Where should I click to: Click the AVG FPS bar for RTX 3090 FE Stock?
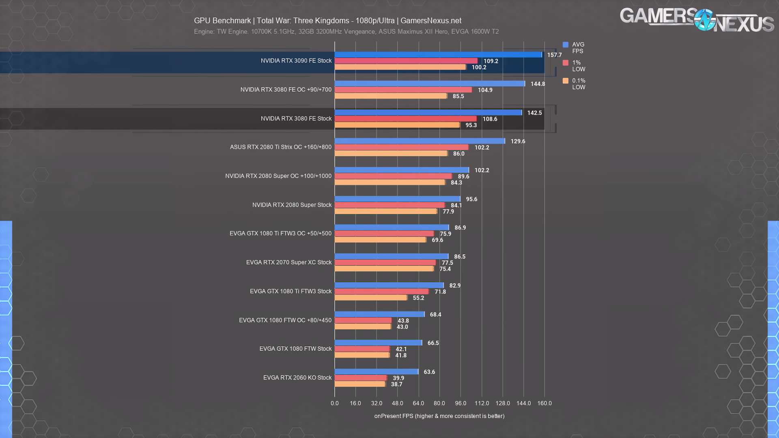pyautogui.click(x=438, y=55)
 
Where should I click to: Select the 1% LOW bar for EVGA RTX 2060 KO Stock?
pyautogui.click(x=361, y=378)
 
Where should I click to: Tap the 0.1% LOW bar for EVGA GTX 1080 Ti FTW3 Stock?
pyautogui.click(x=371, y=298)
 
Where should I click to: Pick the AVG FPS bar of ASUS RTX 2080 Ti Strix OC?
pyautogui.click(x=420, y=141)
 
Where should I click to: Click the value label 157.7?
pyautogui.click(x=554, y=55)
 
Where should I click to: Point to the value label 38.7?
pyautogui.click(x=396, y=384)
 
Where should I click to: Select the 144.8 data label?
pyautogui.click(x=538, y=84)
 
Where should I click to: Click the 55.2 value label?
pyautogui.click(x=418, y=298)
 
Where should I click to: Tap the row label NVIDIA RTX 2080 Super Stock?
pyautogui.click(x=292, y=205)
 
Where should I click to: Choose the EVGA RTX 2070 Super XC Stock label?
pyautogui.click(x=288, y=262)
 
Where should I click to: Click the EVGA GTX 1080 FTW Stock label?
pyautogui.click(x=295, y=349)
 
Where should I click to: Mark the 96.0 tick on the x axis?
pyautogui.click(x=461, y=403)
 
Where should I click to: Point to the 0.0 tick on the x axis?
pyautogui.click(x=335, y=403)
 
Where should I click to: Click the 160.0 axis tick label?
pyautogui.click(x=544, y=403)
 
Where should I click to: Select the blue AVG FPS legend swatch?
pyautogui.click(x=566, y=45)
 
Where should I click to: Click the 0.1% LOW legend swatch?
pyautogui.click(x=566, y=81)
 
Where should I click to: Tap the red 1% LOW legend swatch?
pyautogui.click(x=566, y=63)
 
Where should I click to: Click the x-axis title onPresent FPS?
pyautogui.click(x=439, y=416)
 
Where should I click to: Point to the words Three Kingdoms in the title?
pyautogui.click(x=321, y=21)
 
